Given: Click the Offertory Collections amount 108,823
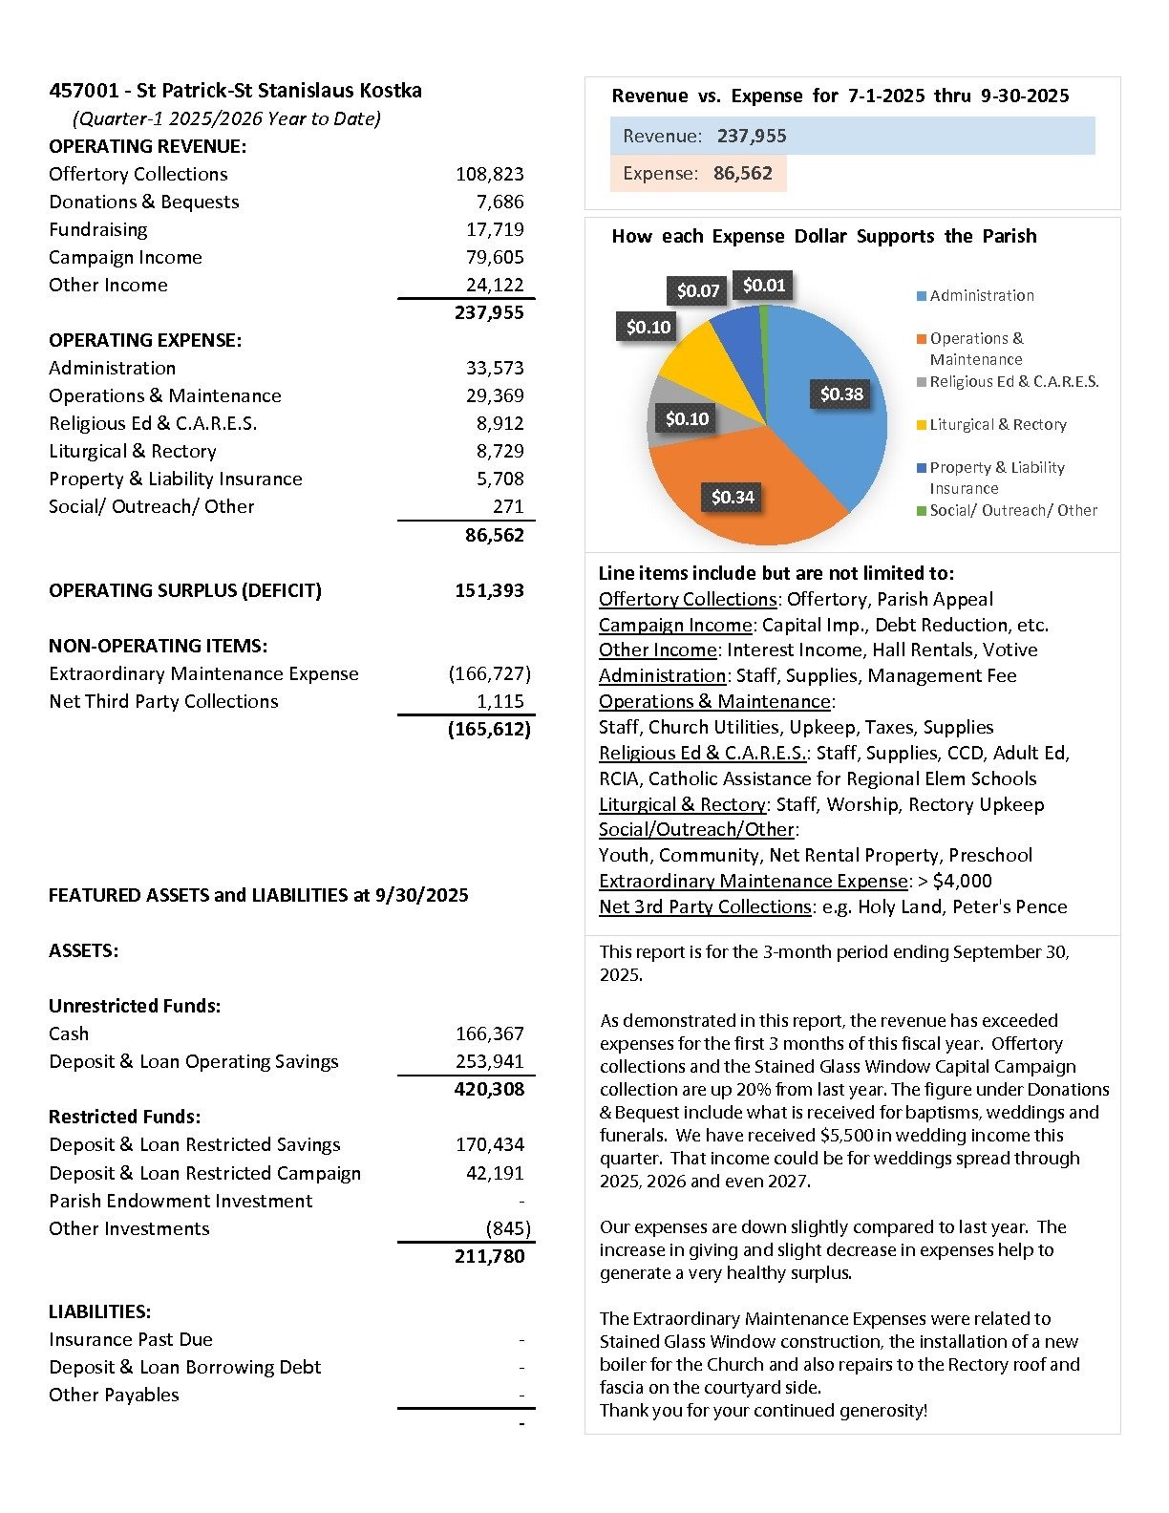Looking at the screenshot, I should click(x=489, y=174).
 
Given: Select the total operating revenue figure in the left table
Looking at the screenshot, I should click(x=489, y=312).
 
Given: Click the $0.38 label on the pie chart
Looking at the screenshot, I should click(x=841, y=394).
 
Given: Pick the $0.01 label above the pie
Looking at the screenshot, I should click(x=764, y=285).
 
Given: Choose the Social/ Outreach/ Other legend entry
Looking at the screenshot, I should click(x=1012, y=510).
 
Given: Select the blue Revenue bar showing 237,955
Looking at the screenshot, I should click(x=852, y=136).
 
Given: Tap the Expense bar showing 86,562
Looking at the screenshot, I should click(x=698, y=173).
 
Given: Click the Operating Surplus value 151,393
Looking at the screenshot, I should click(x=489, y=590).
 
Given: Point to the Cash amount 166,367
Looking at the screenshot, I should click(x=489, y=1034).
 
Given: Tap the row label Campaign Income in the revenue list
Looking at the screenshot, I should click(x=125, y=257).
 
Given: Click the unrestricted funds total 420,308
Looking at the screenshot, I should click(x=489, y=1089).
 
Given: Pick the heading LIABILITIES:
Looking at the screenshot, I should click(x=100, y=1311).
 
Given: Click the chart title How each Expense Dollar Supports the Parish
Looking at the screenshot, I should click(x=823, y=236).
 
